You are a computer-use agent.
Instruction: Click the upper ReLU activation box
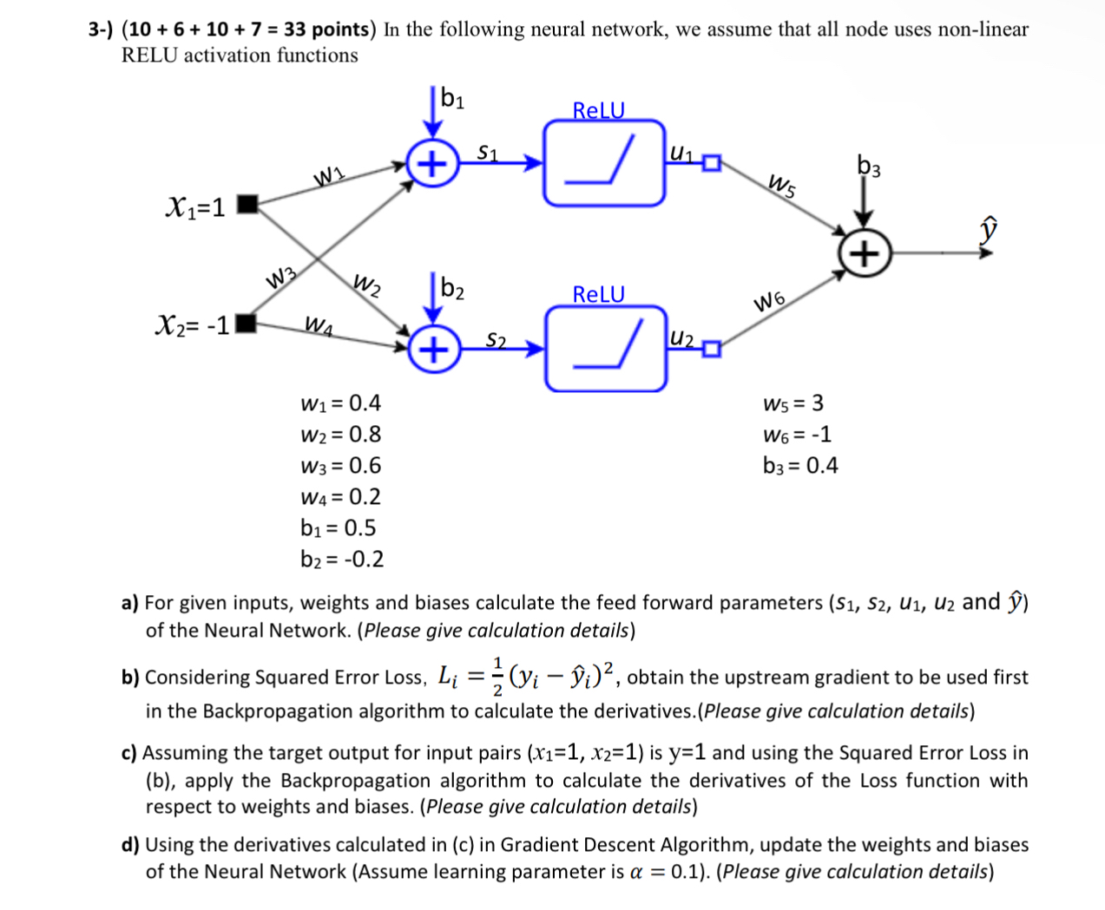click(x=604, y=163)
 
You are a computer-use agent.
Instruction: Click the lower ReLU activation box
click(x=606, y=349)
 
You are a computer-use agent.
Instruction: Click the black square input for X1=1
click(x=247, y=205)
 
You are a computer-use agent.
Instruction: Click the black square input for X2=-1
click(x=247, y=324)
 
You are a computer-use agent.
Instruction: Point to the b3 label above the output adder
click(x=868, y=166)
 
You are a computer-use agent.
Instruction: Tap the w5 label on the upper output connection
click(x=782, y=185)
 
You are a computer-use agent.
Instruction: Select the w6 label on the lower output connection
click(x=770, y=302)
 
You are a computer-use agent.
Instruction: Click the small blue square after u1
click(x=712, y=163)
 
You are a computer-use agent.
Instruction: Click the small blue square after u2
click(x=712, y=350)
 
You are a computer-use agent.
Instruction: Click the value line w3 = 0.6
click(x=340, y=466)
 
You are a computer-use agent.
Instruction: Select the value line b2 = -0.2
click(x=342, y=560)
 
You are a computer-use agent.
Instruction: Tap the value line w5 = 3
click(x=793, y=403)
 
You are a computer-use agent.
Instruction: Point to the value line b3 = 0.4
click(x=800, y=466)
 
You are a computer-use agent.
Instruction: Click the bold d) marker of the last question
click(x=130, y=845)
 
